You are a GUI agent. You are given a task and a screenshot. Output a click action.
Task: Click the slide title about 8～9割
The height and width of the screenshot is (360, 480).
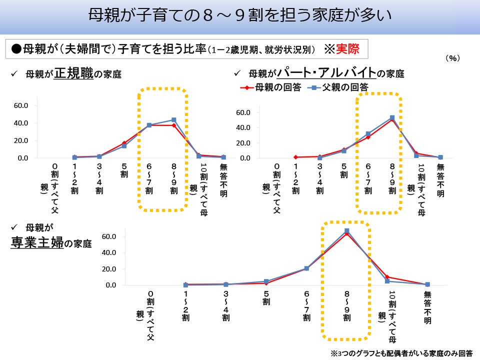tap(239, 15)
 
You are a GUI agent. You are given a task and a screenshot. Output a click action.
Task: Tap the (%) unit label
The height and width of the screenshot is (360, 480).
tap(452, 58)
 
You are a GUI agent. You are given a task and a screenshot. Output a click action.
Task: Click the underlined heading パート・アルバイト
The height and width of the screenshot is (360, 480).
tap(326, 73)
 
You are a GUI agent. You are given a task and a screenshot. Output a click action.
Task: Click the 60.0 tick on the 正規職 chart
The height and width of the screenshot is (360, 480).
tap(21, 105)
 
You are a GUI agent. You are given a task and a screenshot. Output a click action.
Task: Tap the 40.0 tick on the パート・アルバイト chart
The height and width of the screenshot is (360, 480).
tap(244, 127)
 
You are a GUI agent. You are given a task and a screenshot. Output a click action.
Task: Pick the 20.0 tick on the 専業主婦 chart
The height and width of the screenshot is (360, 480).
tap(109, 269)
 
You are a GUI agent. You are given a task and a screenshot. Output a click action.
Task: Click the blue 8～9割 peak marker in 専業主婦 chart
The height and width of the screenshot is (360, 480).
tap(346, 231)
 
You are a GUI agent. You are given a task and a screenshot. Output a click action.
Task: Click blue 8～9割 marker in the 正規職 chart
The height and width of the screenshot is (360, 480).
tap(173, 120)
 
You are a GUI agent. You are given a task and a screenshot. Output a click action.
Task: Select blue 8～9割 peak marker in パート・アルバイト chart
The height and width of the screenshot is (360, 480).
tap(392, 118)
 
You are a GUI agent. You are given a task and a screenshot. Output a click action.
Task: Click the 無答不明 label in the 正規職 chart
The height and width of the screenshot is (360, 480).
tap(223, 179)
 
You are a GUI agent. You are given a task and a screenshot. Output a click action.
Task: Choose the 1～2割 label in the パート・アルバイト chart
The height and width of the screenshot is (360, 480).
tap(295, 179)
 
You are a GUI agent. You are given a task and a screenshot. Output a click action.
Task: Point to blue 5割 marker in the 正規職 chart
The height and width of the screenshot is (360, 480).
tap(124, 146)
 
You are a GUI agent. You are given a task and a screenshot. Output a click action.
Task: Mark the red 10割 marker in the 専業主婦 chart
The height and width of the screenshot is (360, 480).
tap(387, 277)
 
